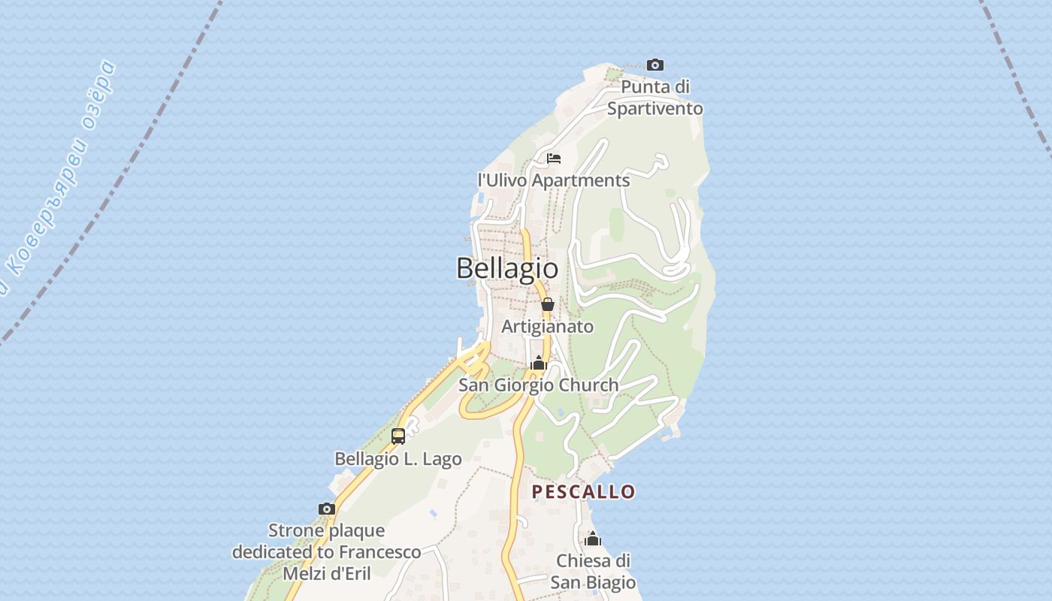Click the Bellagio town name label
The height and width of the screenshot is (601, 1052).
[507, 268]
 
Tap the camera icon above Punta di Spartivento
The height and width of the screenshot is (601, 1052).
[655, 65]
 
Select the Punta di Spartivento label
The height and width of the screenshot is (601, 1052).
[655, 98]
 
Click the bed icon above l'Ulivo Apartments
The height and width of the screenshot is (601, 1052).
[554, 159]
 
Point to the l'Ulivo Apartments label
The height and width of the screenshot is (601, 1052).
[554, 180]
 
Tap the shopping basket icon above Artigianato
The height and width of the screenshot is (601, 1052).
[548, 304]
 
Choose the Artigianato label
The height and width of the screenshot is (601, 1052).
[548, 327]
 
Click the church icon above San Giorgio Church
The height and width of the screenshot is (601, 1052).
[538, 364]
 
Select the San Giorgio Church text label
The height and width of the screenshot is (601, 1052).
[539, 385]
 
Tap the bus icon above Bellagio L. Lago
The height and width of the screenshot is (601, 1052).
[398, 436]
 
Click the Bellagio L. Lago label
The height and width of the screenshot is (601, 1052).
[398, 458]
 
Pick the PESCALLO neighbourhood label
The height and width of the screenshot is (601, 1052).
[584, 492]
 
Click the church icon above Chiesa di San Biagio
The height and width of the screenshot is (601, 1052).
[593, 539]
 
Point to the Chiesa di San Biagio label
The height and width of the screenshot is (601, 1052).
[593, 572]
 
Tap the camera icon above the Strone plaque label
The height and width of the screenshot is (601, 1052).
[326, 509]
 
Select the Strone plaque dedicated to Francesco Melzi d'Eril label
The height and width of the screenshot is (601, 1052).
[326, 552]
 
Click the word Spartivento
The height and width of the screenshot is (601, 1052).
[655, 109]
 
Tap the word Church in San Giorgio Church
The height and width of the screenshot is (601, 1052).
[584, 385]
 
